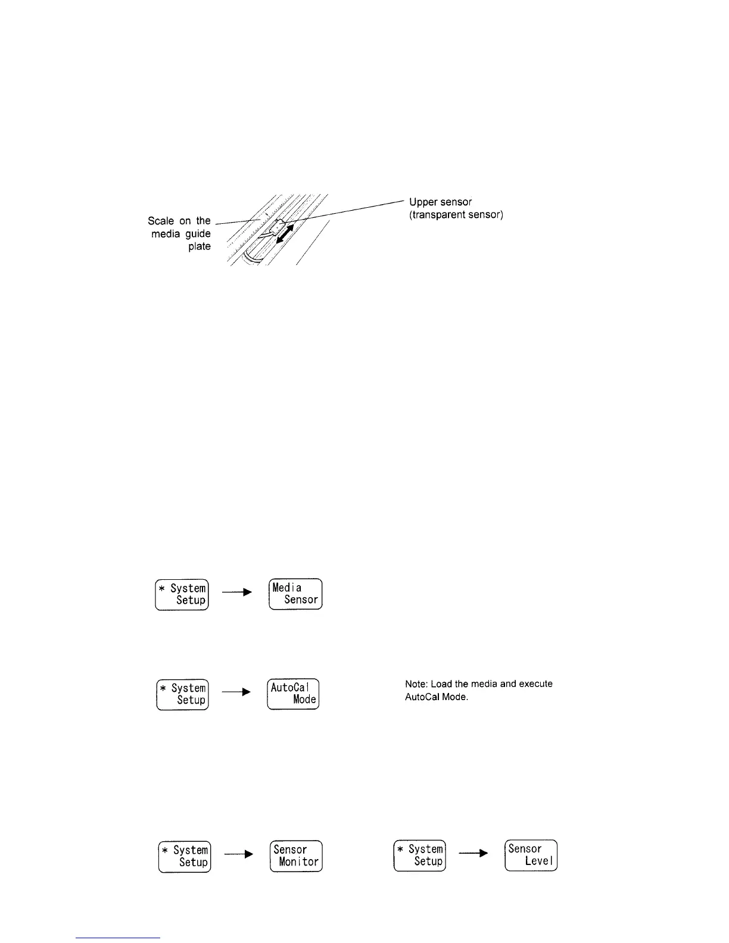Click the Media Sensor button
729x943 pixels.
tap(295, 594)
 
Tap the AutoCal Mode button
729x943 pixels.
tap(293, 694)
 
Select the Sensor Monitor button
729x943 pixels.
tap(296, 856)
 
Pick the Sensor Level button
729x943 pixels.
tap(531, 855)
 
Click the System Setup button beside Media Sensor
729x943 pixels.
tap(182, 594)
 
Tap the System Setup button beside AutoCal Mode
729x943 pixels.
tap(182, 694)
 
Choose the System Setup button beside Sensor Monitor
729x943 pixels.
tap(185, 856)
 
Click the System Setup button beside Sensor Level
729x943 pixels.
tap(419, 855)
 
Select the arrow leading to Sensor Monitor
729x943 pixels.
tap(239, 854)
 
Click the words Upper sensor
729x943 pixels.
tap(440, 202)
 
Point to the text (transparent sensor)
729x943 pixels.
tap(456, 215)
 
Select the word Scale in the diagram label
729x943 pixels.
tap(160, 221)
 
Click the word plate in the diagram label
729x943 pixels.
tap(200, 246)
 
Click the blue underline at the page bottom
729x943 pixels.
tap(119, 938)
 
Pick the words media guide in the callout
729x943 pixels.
tap(181, 234)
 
